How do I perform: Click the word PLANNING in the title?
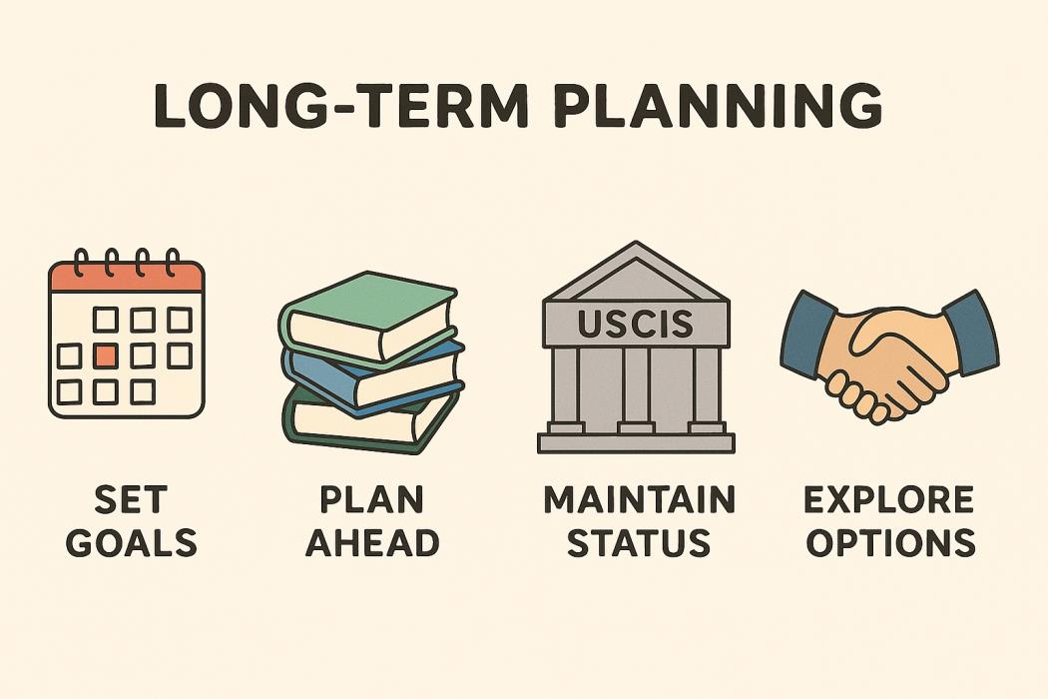(x=719, y=105)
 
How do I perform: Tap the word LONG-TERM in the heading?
(x=341, y=105)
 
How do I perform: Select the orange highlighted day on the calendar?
(x=106, y=355)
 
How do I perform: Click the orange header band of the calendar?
(x=127, y=277)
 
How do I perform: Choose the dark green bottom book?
(x=367, y=420)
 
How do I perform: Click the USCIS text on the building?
(x=635, y=324)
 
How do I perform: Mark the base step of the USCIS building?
(x=637, y=442)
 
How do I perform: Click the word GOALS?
(x=132, y=542)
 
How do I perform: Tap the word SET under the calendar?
(x=131, y=499)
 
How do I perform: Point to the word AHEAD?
(x=372, y=542)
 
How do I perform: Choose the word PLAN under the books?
(x=371, y=499)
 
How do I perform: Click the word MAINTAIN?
(x=639, y=499)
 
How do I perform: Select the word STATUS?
(x=639, y=542)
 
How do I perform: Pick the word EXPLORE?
(x=889, y=499)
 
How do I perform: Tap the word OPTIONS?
(x=891, y=542)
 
